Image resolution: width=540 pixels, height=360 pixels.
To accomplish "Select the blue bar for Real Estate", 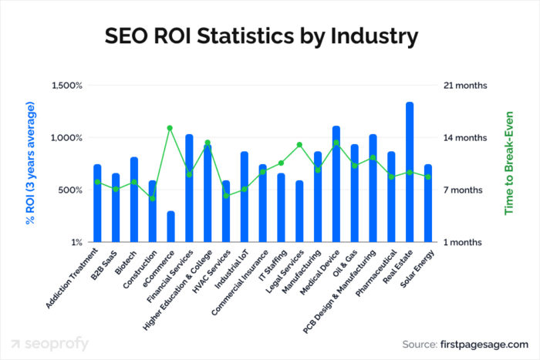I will tap(410, 173).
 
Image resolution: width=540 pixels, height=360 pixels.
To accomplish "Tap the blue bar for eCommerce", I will tap(170, 227).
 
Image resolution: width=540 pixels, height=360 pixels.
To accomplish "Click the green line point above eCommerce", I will tap(170, 128).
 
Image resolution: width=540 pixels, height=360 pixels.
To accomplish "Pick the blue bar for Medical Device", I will tap(336, 184).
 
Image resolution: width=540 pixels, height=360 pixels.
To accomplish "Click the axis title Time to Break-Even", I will tap(508, 163).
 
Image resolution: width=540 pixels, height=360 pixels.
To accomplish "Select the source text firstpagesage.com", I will tap(487, 344).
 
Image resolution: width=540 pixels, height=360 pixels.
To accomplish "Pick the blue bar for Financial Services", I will tap(189, 188).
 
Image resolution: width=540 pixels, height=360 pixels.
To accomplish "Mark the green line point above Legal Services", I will tap(299, 145).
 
